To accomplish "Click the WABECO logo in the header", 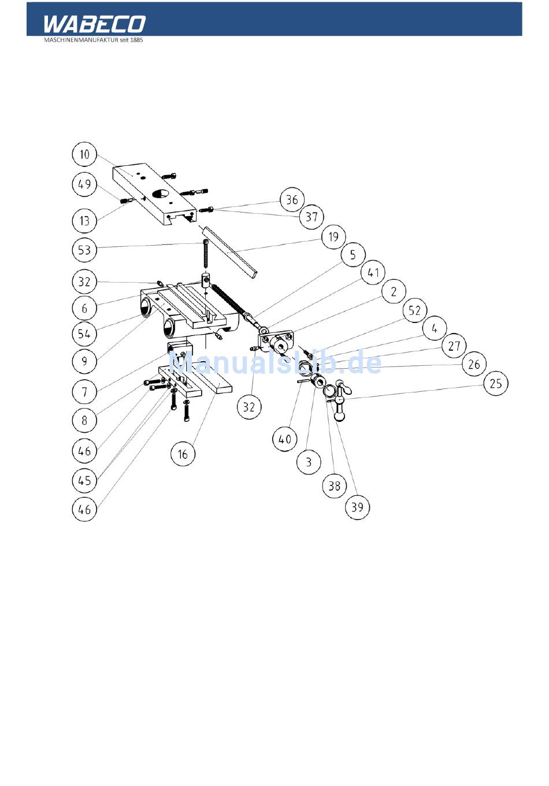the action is pos(94,24).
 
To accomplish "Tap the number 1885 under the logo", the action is pos(136,40).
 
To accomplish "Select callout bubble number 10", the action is pos(84,154).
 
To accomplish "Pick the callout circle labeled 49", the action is pos(84,184).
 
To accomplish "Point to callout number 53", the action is pos(84,250).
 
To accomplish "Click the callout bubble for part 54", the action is pos(84,333).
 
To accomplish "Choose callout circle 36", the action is pos(292,199).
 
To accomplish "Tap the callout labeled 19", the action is pos(333,237).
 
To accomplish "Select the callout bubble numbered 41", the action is pos(373,272).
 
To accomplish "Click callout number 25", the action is pos(495,384).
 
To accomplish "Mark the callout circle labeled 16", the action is pos(183,454).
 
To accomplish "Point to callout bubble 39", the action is pos(357,507).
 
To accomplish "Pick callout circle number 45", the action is pos(84,481).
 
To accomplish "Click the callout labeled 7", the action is pos(84,392).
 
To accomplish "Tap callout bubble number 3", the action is pos(309,462).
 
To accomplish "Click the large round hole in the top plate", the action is pos(160,194).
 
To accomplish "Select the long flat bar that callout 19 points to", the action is pos(228,252).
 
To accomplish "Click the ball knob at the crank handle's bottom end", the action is pos(339,417).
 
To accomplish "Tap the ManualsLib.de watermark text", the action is pos(275,363).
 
